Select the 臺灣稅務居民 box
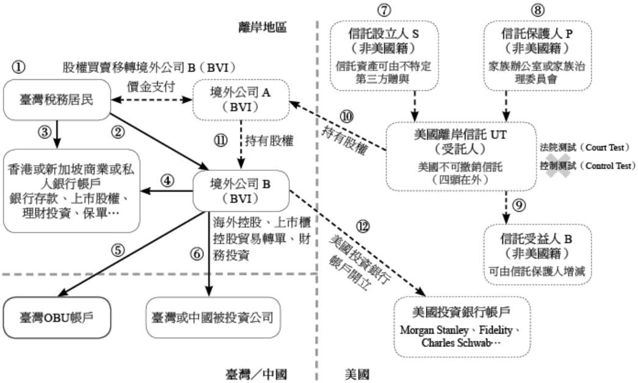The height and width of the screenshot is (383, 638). pyautogui.click(x=57, y=100)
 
